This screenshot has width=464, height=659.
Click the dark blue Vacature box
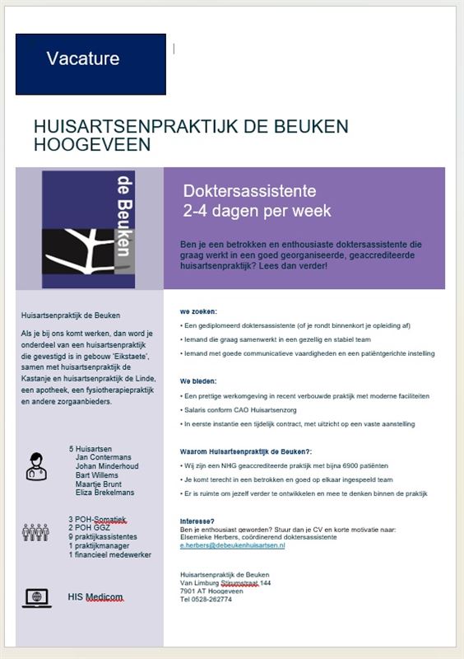(x=90, y=63)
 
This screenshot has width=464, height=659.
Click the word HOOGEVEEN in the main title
(x=92, y=145)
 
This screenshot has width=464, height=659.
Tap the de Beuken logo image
(x=89, y=229)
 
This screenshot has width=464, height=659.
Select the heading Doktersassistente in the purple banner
(x=249, y=191)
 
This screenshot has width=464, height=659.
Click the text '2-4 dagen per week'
(x=257, y=211)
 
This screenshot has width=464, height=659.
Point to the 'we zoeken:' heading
(x=198, y=312)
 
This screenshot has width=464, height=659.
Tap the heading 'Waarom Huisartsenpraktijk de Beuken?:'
(x=246, y=451)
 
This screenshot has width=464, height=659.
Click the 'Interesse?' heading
(x=197, y=521)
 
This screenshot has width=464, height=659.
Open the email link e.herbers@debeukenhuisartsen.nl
(x=232, y=545)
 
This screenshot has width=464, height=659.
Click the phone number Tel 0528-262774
(x=206, y=599)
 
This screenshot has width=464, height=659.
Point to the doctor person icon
(x=36, y=465)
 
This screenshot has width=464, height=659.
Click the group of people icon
(x=35, y=532)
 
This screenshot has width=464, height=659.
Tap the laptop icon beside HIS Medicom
(x=36, y=597)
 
